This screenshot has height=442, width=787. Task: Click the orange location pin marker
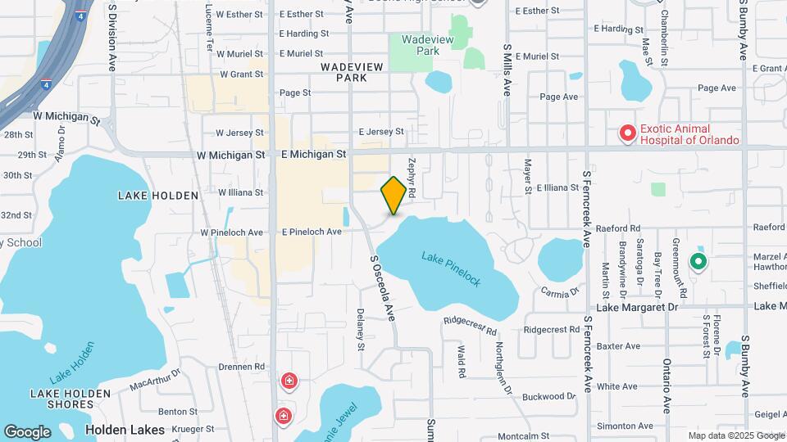(394, 195)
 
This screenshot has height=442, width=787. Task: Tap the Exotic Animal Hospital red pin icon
(627, 133)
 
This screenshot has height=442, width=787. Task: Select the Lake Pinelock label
(451, 268)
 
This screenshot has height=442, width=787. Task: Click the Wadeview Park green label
(420, 44)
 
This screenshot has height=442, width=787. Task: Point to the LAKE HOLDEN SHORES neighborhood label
(70, 399)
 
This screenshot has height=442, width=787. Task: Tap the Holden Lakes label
(125, 429)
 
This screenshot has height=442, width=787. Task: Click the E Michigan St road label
(313, 153)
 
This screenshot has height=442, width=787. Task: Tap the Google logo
(27, 431)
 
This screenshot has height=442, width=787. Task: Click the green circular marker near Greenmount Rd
(698, 262)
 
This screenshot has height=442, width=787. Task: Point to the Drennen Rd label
(242, 367)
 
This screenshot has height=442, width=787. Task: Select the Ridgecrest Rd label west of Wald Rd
(471, 325)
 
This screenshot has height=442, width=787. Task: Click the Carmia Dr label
(561, 291)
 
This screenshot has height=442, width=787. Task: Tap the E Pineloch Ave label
(311, 232)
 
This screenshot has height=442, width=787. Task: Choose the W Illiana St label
(240, 192)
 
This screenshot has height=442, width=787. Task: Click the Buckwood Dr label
(548, 396)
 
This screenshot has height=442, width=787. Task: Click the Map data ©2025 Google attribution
(735, 435)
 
